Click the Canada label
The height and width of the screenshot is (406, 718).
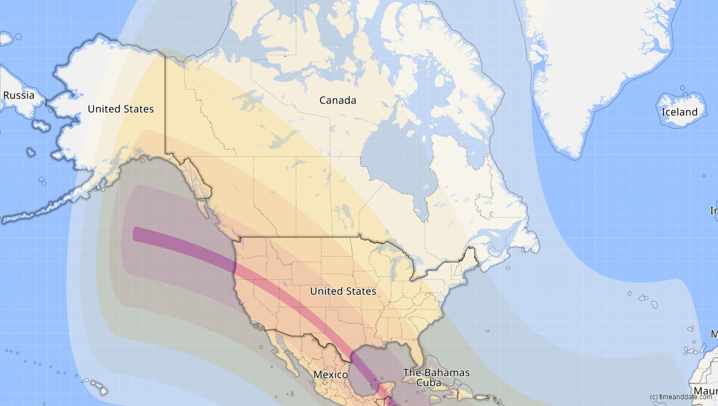tap(337, 100)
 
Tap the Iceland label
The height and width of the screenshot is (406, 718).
tap(679, 112)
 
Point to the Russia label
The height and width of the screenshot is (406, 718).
tap(19, 95)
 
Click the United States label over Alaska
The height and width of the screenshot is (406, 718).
tap(121, 109)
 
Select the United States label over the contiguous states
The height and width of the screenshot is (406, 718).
tap(343, 291)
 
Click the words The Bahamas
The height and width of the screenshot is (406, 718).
tap(436, 373)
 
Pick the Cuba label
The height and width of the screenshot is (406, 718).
tap(429, 382)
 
